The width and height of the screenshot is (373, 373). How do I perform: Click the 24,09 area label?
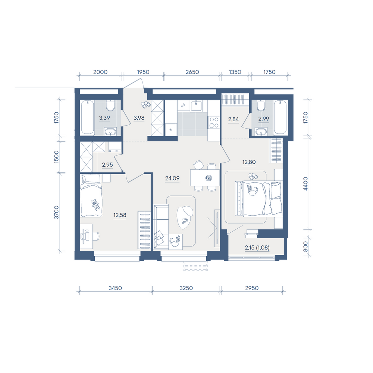tap(172, 178)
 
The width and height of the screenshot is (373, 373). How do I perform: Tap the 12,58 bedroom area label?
tap(120, 215)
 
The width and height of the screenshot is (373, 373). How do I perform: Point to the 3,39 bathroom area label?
tap(104, 118)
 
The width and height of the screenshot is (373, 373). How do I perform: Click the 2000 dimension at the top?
tap(100, 72)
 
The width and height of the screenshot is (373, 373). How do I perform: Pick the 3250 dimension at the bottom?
tap(186, 288)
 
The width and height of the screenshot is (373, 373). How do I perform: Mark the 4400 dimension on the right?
tap(305, 184)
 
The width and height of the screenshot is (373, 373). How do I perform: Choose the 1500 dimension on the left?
tap(56, 157)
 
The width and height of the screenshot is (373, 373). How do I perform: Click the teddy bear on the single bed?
tap(95, 204)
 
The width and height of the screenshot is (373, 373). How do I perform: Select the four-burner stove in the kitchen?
tap(214, 123)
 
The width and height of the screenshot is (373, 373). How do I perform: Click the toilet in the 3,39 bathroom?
tap(111, 105)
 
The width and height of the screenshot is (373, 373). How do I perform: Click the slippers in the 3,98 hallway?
tap(145, 104)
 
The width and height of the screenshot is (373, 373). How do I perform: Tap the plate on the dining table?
tap(209, 178)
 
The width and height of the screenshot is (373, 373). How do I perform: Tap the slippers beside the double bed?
tap(253, 176)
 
